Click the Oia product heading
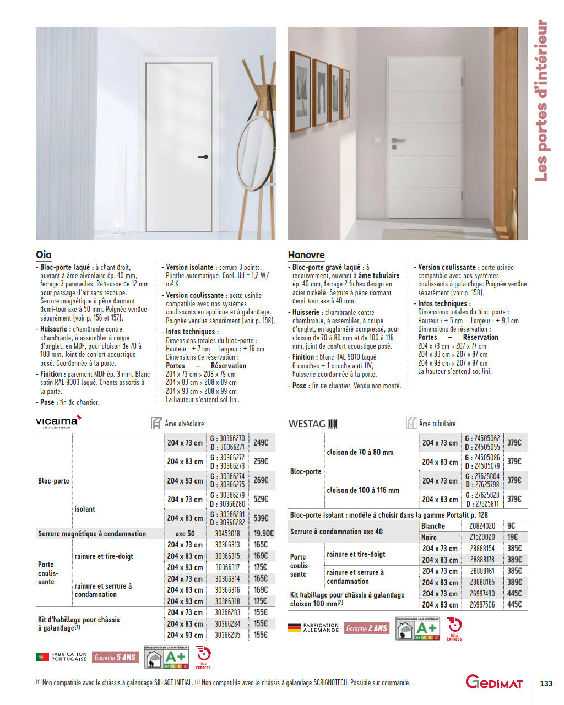[44, 254]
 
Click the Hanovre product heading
[306, 254]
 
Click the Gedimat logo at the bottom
[494, 682]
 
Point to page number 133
[546, 684]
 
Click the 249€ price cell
[261, 442]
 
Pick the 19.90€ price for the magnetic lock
[263, 533]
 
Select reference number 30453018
[227, 533]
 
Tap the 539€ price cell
[261, 518]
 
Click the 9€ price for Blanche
[511, 525]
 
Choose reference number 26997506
[482, 604]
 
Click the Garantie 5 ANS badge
[115, 657]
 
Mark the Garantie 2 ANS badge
[366, 628]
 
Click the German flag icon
[294, 628]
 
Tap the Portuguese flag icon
[42, 657]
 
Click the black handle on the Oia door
[203, 157]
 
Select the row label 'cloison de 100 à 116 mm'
[363, 490]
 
